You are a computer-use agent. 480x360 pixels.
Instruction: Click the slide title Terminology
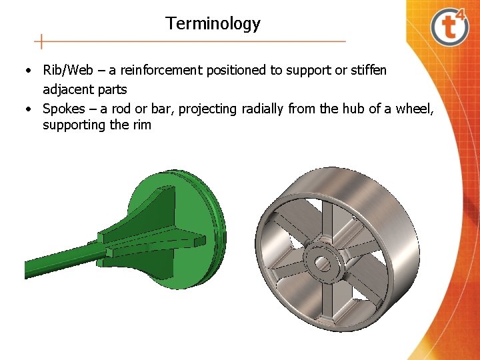coord(213,24)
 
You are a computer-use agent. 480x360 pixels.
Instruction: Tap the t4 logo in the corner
coord(451,27)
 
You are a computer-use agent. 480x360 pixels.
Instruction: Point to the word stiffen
coord(366,70)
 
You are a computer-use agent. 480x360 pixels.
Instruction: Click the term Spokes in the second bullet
coord(64,108)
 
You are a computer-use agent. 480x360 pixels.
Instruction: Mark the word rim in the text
coord(141,125)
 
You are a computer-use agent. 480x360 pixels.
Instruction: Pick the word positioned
coord(239,70)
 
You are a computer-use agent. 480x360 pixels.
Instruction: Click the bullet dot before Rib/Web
coord(29,71)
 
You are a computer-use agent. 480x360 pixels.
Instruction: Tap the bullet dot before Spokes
coord(29,109)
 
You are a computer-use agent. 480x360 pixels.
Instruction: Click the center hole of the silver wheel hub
coord(323,262)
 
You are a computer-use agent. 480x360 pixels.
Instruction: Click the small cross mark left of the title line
coord(41,41)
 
